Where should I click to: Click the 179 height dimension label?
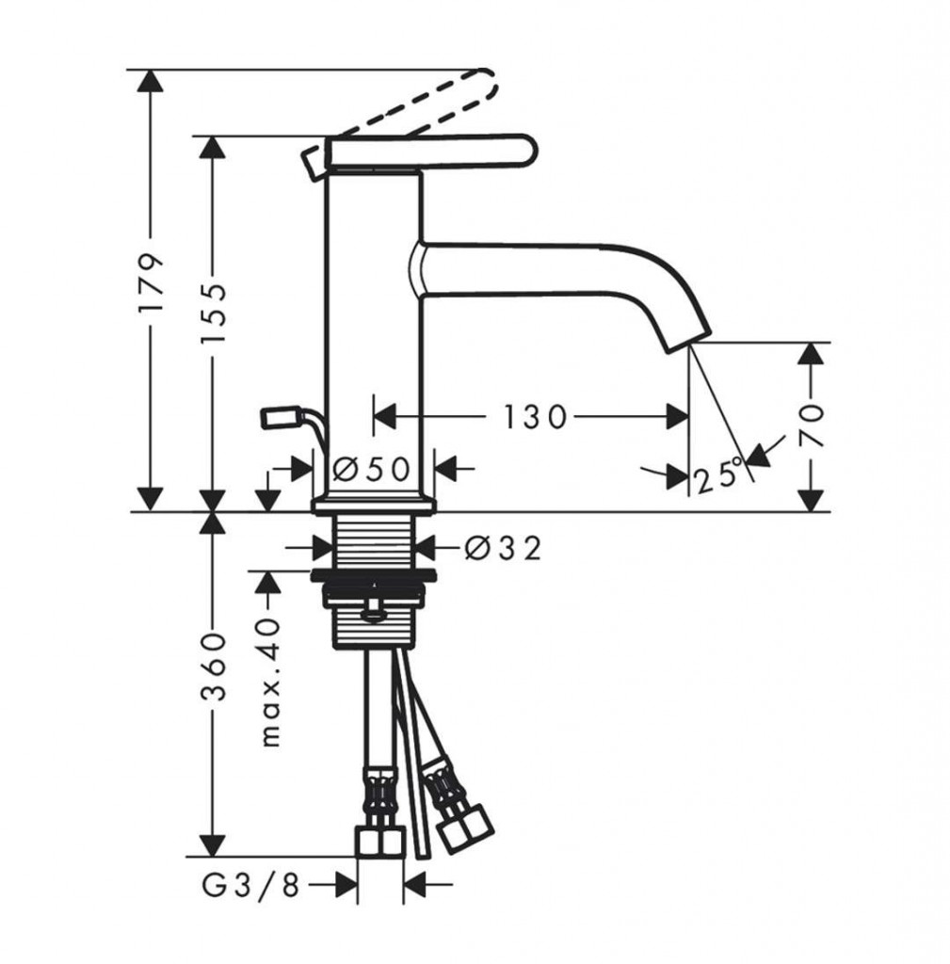(x=152, y=282)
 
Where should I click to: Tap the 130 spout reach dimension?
(x=535, y=417)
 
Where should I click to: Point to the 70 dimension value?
(x=812, y=426)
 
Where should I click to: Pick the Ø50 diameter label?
(x=371, y=470)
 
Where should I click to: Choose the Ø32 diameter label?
(x=503, y=548)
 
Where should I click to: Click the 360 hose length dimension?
(x=214, y=667)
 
